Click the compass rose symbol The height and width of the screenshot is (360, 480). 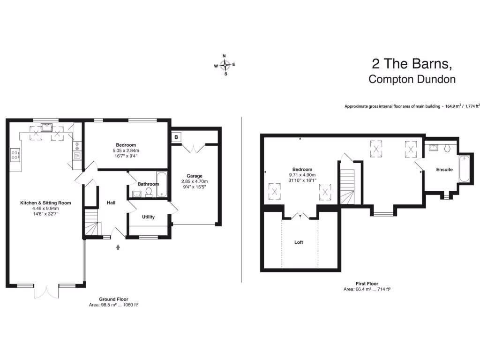point(225,65)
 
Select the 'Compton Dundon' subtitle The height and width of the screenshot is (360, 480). point(412,79)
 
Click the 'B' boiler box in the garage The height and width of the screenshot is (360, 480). point(176,137)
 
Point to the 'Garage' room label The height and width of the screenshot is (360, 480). point(194,176)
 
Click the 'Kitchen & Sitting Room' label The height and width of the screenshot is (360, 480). point(45,203)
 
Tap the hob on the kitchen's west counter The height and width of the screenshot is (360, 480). point(15,155)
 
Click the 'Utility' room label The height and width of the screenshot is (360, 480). point(148,217)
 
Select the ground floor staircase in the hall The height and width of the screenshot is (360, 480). point(92,222)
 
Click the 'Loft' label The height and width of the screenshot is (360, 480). point(299,242)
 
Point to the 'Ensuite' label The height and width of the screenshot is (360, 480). point(444,169)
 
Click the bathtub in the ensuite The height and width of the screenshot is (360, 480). point(464,168)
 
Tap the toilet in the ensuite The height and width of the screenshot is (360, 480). point(447,148)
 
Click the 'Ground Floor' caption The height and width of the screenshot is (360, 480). point(113,299)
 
